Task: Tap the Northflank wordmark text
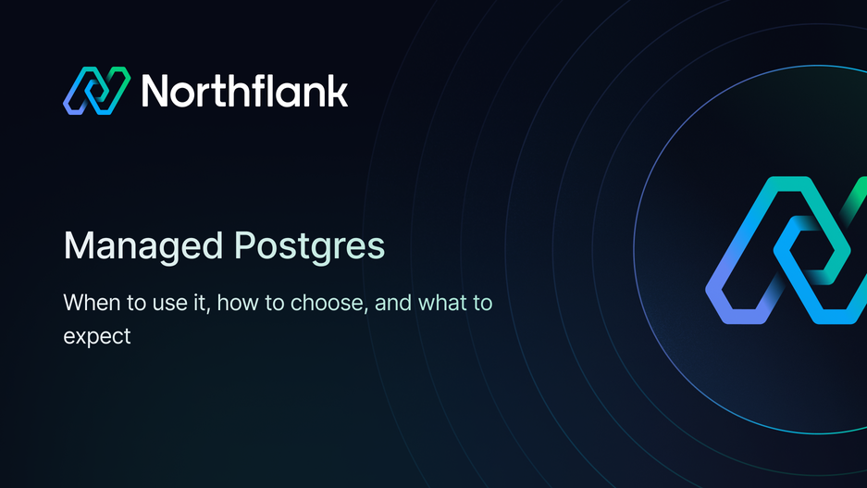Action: click(244, 91)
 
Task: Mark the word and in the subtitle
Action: click(393, 303)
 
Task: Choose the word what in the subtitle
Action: click(442, 303)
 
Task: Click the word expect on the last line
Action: click(97, 336)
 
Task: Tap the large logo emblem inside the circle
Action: click(786, 250)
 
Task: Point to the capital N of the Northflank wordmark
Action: click(157, 91)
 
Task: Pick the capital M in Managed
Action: click(78, 246)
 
